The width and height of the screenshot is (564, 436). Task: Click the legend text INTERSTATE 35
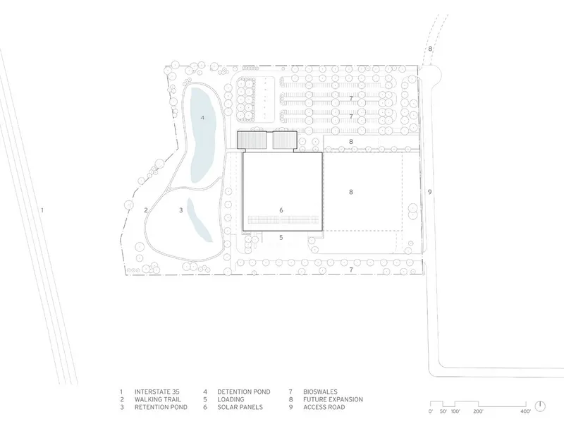[x=157, y=392]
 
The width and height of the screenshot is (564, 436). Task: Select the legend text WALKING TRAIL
[x=158, y=399]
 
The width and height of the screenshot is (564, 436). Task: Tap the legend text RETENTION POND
[x=161, y=407]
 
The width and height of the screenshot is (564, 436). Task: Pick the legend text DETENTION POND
[x=243, y=392]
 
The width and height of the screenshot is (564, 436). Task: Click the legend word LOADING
[x=231, y=399]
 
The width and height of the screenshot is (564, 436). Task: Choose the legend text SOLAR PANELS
[x=240, y=407]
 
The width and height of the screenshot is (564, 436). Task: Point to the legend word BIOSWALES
[x=320, y=392]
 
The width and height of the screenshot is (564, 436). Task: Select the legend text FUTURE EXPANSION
[x=333, y=399]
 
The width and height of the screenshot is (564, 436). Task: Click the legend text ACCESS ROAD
[x=324, y=407]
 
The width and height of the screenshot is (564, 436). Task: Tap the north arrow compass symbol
[x=540, y=406]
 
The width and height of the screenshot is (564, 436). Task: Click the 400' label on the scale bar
[x=525, y=411]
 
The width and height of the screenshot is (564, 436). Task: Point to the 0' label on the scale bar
[x=431, y=411]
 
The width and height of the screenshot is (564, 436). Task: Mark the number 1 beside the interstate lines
[x=42, y=210]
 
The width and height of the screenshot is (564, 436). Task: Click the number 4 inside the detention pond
[x=202, y=118]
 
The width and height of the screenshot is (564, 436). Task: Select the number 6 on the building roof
[x=281, y=210]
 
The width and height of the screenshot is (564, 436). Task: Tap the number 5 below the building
[x=281, y=237]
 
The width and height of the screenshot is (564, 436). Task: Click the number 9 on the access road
[x=429, y=192]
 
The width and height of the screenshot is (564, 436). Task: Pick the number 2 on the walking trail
[x=146, y=210]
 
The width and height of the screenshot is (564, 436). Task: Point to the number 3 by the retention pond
[x=181, y=210]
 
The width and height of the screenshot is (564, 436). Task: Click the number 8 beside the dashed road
[x=430, y=49]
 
